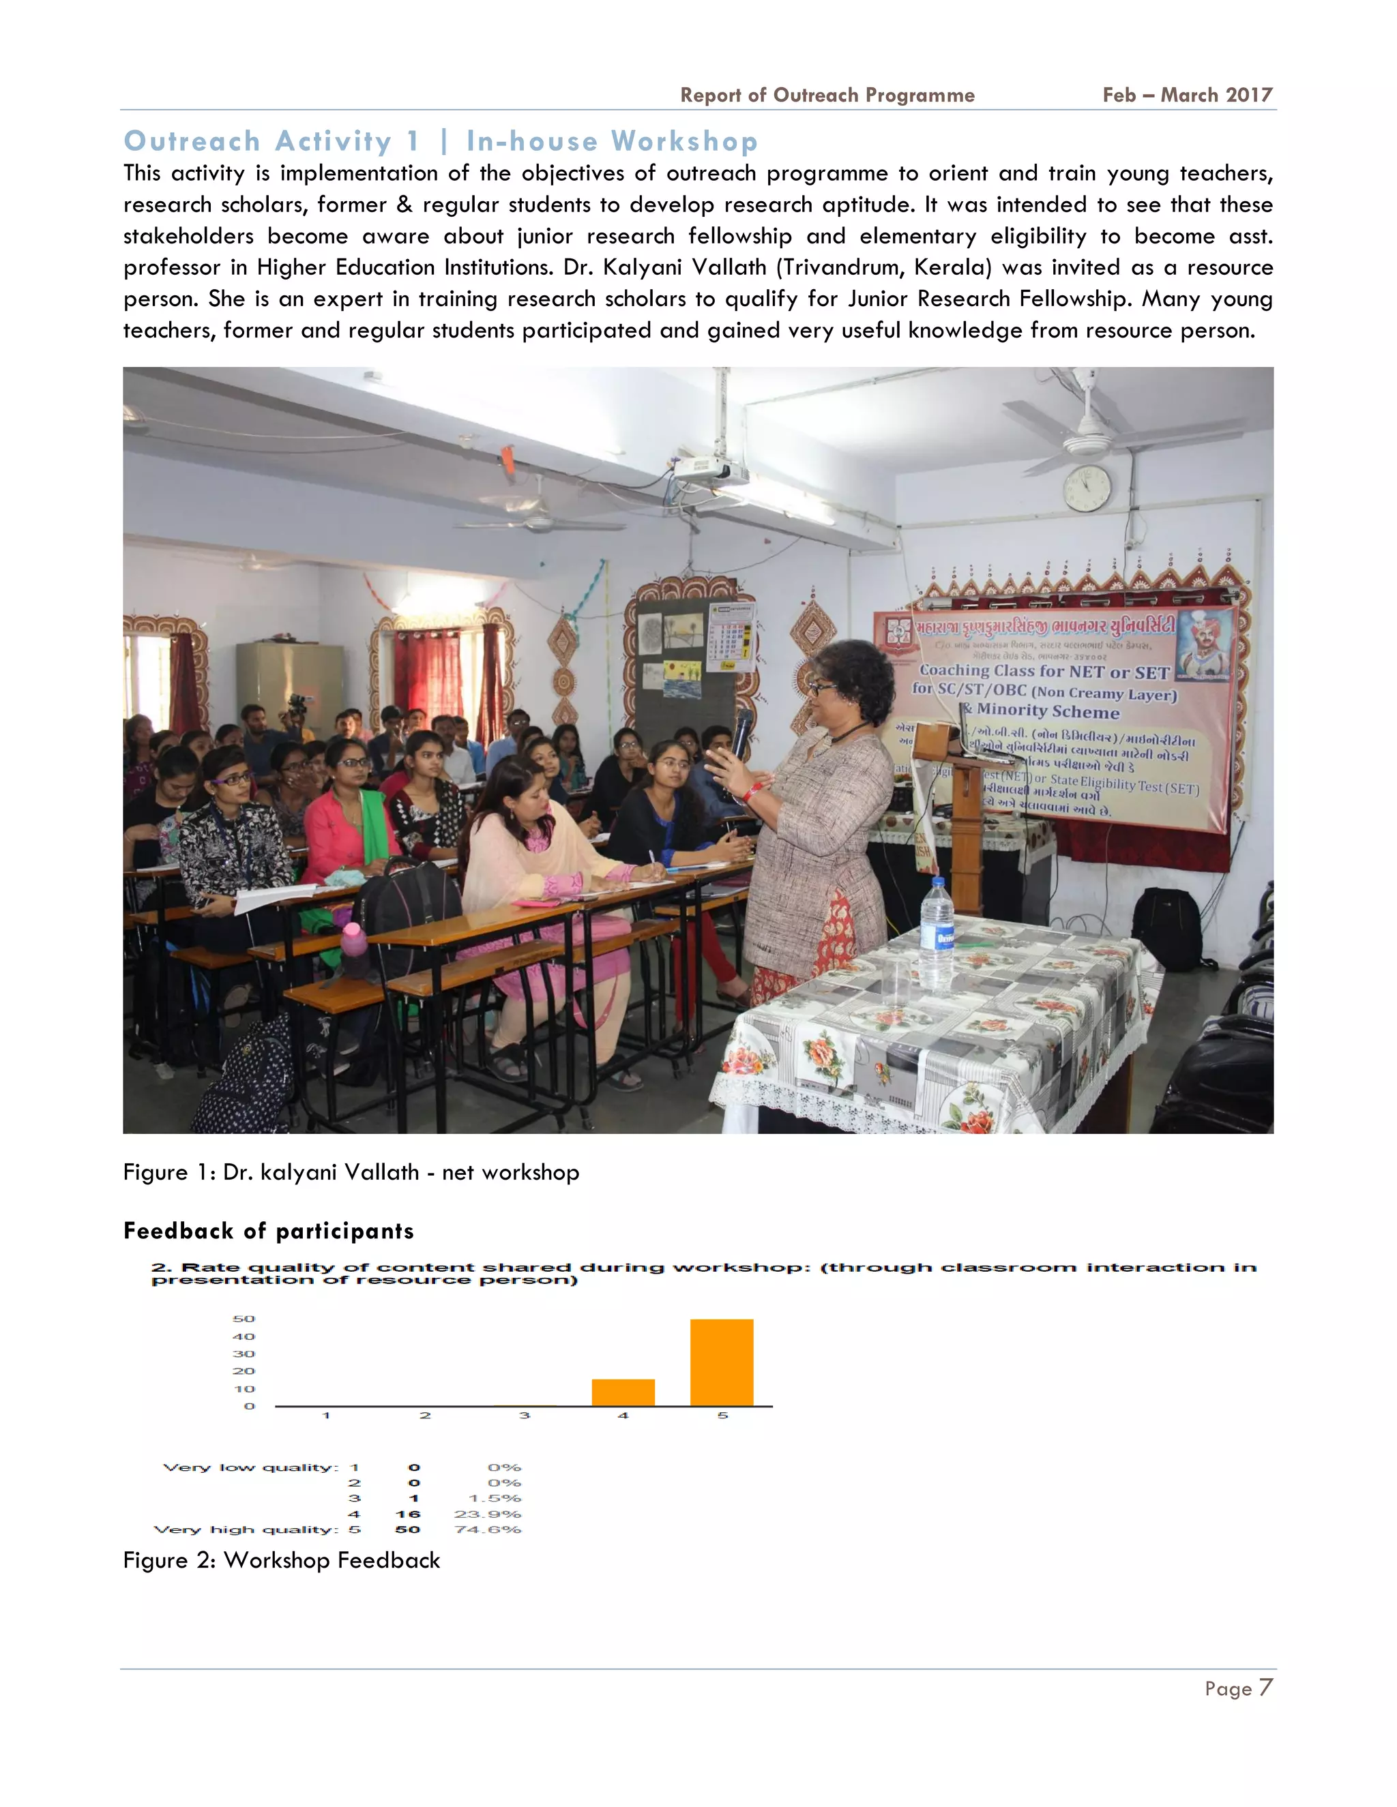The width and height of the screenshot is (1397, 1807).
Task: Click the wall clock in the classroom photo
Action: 1087,488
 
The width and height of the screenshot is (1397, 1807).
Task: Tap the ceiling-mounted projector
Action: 709,471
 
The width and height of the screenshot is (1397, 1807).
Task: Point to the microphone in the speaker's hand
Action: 741,732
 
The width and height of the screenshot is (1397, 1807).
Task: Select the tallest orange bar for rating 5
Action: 722,1362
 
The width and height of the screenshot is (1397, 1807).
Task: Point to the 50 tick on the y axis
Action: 244,1319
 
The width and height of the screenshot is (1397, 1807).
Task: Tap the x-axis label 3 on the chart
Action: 524,1416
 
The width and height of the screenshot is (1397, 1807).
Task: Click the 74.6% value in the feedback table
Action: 488,1529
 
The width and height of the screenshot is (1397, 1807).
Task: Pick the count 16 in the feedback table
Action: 408,1514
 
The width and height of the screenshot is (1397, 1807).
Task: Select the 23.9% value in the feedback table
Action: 488,1514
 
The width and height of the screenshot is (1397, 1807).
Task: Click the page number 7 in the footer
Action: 1265,1688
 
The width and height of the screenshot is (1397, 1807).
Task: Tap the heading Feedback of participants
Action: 268,1231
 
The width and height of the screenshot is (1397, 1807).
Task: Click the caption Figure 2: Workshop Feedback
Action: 282,1560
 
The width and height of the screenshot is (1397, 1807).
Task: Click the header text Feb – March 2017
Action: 1187,95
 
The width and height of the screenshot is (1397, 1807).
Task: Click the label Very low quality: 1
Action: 261,1468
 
